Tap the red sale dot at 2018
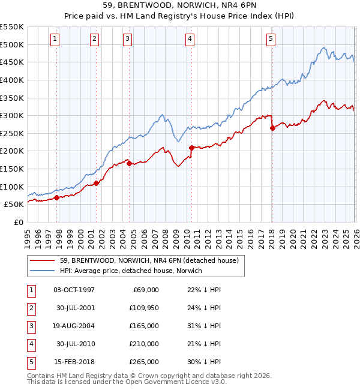pyautogui.click(x=272, y=128)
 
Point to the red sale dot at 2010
pyautogui.click(x=191, y=147)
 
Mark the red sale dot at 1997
pyautogui.click(x=56, y=197)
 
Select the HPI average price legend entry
pyautogui.click(x=130, y=271)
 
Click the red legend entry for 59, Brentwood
pyautogui.click(x=149, y=260)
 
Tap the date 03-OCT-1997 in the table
pyautogui.click(x=74, y=290)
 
